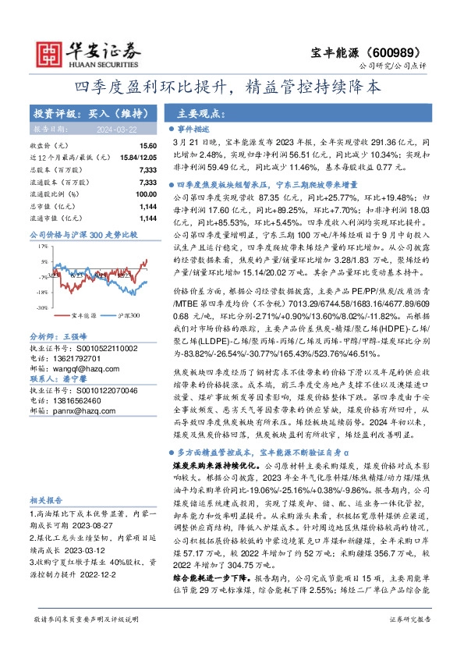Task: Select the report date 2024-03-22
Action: coord(94,129)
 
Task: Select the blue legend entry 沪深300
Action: coord(127,315)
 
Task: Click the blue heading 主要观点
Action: coord(194,112)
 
